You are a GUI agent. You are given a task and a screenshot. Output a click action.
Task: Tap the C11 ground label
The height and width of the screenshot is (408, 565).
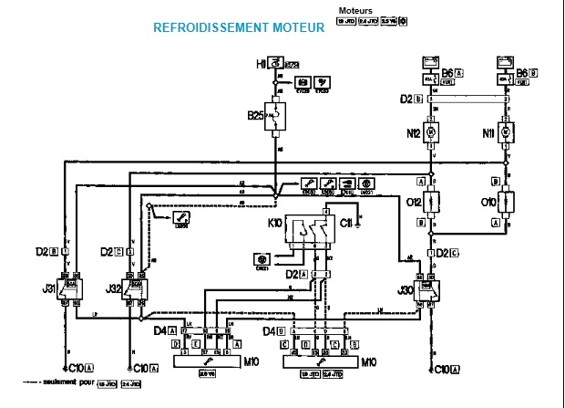tap(345, 222)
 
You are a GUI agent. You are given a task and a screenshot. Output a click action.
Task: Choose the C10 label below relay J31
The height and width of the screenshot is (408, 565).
tap(75, 368)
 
